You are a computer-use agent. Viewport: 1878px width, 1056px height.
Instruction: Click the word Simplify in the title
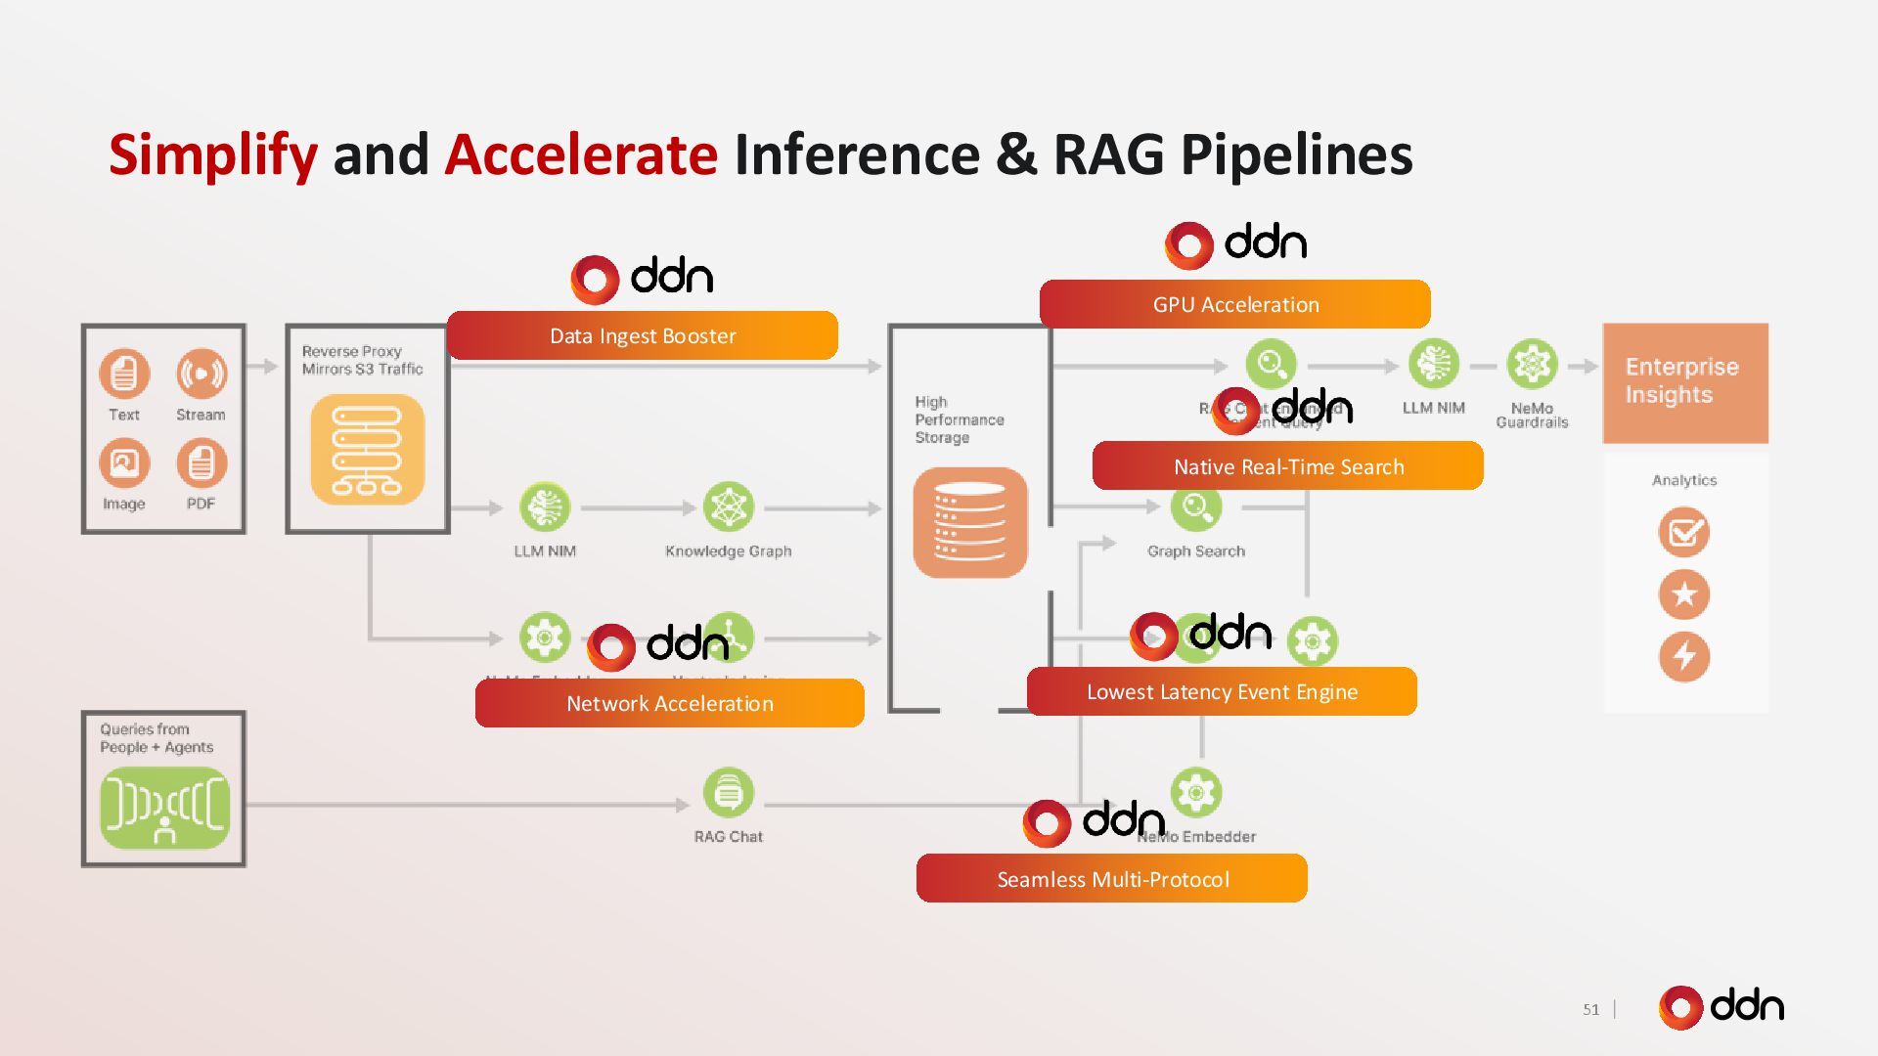pos(212,154)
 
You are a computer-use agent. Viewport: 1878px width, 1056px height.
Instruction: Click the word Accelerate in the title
pos(581,154)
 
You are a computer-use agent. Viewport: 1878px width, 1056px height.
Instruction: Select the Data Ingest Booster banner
pos(643,335)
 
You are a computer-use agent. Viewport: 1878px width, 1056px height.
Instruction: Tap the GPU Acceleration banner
pos(1234,304)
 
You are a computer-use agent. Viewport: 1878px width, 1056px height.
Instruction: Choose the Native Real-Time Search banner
pos(1287,466)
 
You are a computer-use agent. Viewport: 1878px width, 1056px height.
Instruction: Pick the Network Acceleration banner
pos(669,703)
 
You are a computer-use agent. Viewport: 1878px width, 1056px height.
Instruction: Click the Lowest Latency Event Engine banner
pos(1222,691)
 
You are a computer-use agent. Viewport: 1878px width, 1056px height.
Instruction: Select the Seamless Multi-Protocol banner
pos(1112,878)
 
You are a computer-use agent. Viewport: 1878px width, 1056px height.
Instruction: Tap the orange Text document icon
pos(124,374)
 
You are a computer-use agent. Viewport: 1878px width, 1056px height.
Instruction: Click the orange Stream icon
pos(201,374)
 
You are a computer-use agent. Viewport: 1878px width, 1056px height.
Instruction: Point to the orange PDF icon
pos(201,463)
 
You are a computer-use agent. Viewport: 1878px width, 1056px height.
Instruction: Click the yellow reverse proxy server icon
pos(368,450)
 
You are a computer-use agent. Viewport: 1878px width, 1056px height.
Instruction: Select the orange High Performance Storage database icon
pos(970,522)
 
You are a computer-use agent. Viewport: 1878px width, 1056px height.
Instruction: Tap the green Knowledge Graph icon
pos(728,507)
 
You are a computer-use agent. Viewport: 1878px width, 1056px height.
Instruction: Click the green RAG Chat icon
pos(728,792)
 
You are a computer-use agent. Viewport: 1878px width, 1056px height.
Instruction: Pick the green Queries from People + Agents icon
pos(164,808)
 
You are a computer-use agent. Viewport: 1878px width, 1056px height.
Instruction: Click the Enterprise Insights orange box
pos(1684,382)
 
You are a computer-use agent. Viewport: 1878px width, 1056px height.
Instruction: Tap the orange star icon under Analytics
pos(1683,594)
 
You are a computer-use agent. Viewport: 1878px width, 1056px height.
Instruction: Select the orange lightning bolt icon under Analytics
pos(1683,656)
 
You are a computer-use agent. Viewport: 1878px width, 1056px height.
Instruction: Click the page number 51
pos(1590,1009)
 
